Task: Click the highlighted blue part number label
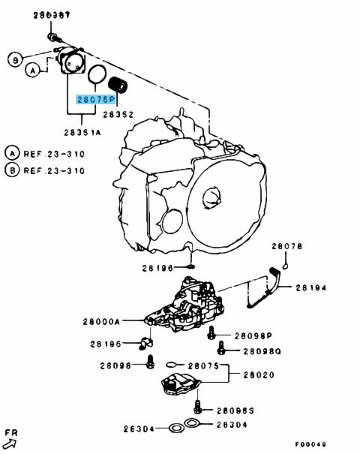coord(95,99)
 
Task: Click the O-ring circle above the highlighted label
coord(97,75)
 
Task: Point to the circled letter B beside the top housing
coord(13,58)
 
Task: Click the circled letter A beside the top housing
coord(31,71)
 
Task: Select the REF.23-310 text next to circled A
coord(50,152)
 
